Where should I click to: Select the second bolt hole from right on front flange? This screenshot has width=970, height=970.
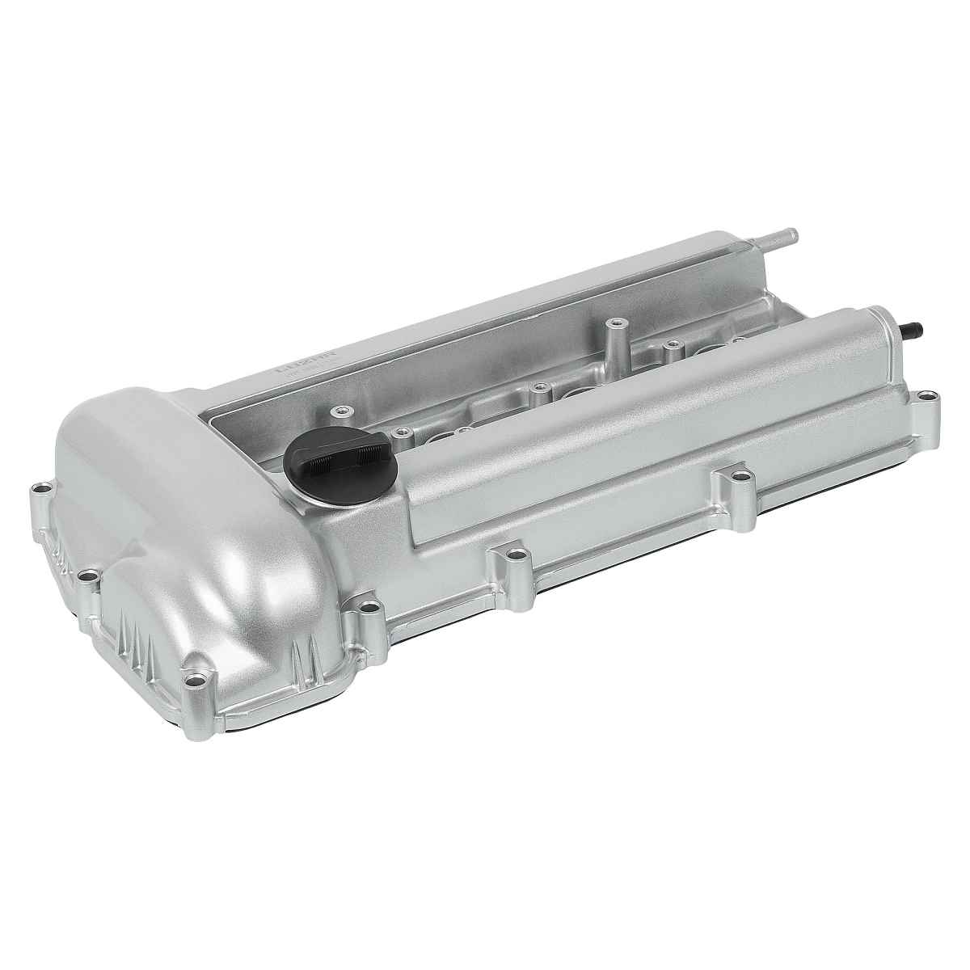click(x=733, y=478)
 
